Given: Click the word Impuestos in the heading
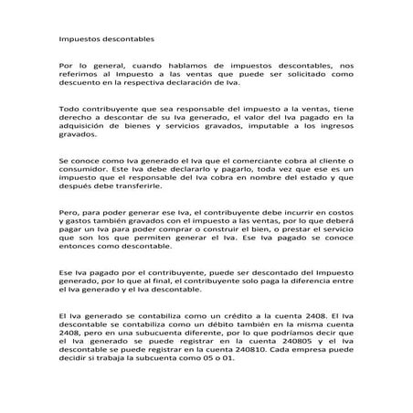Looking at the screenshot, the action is coord(78,41).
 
